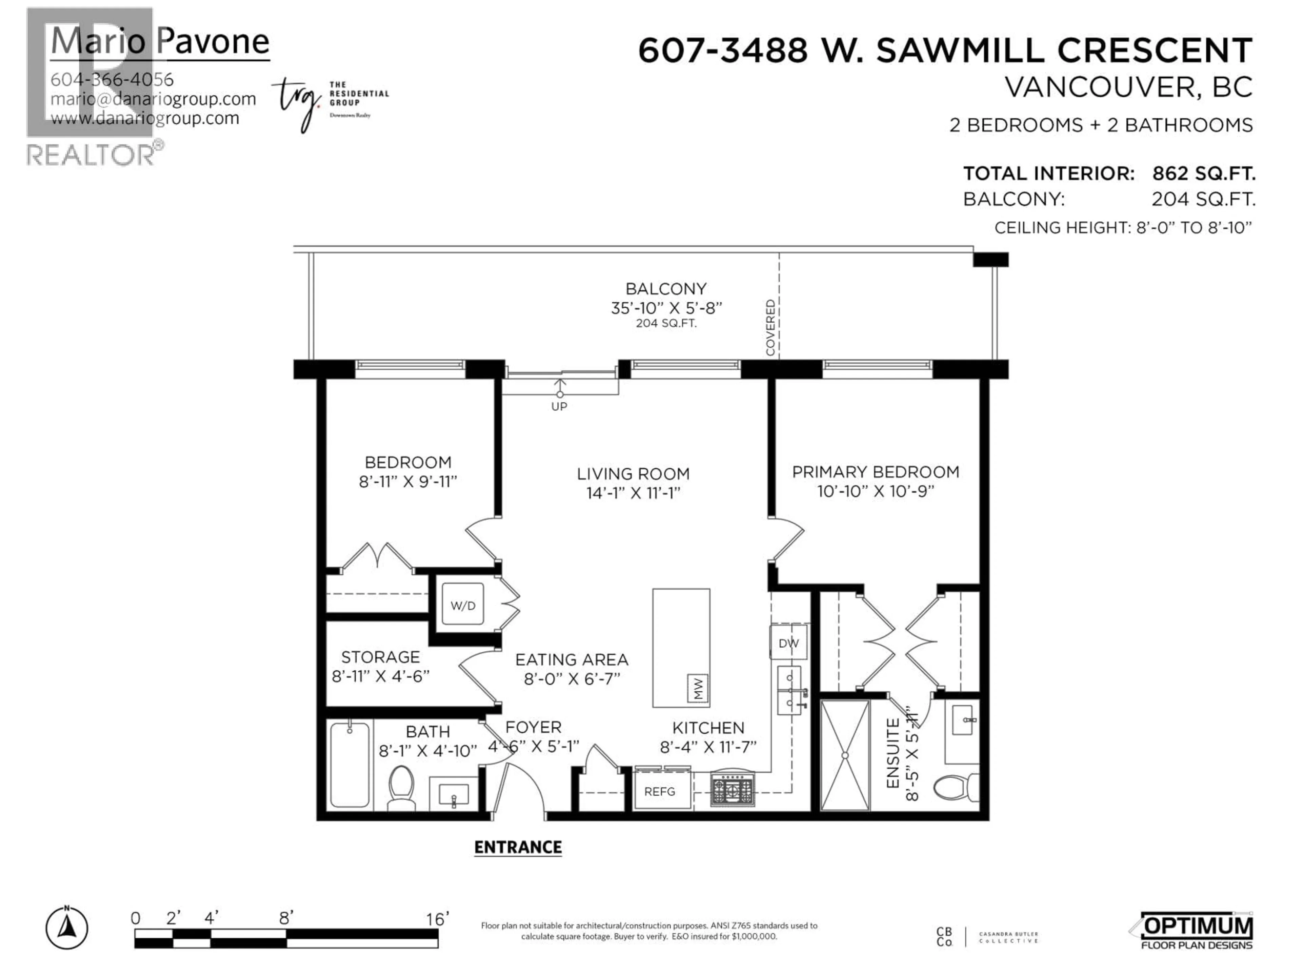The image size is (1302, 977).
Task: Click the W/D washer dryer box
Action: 462,605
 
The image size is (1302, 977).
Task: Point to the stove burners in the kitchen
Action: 732,789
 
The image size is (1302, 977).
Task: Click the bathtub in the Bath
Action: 350,764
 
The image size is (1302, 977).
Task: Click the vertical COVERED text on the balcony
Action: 770,327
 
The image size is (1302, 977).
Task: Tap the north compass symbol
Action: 67,929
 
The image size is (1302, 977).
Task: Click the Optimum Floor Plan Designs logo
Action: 1195,931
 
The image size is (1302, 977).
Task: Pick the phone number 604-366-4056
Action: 112,79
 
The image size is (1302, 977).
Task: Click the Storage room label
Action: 380,657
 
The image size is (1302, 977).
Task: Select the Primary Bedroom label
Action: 875,472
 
